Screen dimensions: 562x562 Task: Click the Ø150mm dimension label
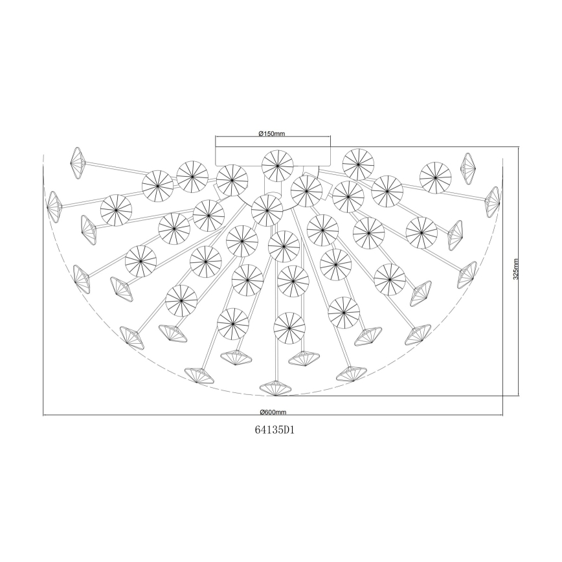click(x=272, y=133)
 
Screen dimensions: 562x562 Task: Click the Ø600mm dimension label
click(x=273, y=412)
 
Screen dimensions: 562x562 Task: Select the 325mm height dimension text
click(x=515, y=270)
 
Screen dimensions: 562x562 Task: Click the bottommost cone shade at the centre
click(x=276, y=388)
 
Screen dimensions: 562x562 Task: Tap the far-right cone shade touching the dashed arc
click(x=493, y=201)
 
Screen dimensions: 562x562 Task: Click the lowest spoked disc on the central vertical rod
click(x=289, y=328)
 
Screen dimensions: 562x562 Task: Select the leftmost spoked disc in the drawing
click(x=117, y=210)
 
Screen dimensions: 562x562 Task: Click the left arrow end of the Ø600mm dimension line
click(x=43, y=415)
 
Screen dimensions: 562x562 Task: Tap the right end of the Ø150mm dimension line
click(x=330, y=137)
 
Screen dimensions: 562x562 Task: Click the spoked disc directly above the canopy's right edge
click(x=357, y=164)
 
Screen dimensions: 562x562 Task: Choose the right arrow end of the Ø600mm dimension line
click(x=504, y=415)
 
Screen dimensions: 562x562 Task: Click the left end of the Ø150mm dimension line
click(x=216, y=137)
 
